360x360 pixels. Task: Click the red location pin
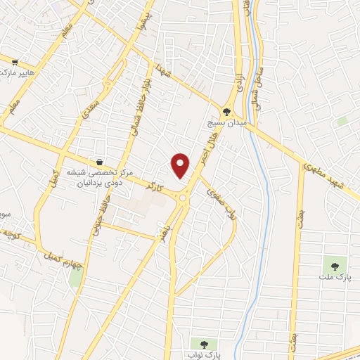click(x=181, y=165)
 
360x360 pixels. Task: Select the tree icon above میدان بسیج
click(x=226, y=110)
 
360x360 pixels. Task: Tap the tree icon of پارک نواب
click(x=205, y=345)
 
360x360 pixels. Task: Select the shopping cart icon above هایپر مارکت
click(x=25, y=61)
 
